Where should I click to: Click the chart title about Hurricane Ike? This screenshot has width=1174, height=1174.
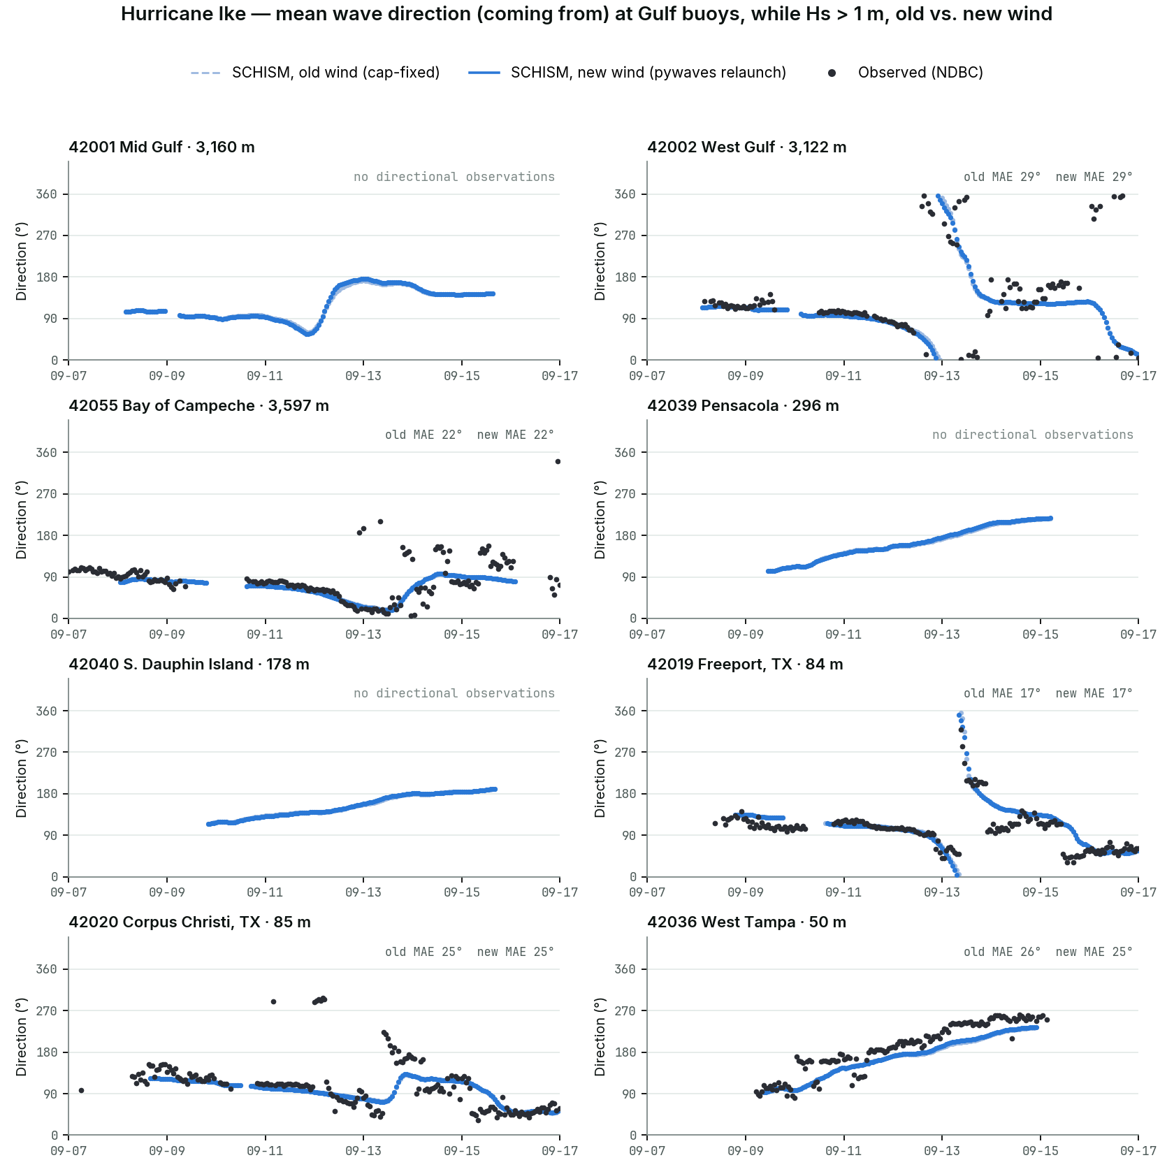(586, 14)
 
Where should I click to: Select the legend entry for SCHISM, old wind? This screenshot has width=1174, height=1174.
(315, 73)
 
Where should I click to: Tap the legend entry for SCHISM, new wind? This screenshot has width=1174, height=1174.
(628, 73)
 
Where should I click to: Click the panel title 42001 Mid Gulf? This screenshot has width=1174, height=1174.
(161, 147)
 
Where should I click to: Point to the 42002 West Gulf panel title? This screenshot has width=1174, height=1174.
(746, 147)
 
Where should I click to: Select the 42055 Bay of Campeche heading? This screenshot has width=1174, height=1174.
(198, 405)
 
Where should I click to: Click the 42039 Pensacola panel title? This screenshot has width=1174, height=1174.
(743, 405)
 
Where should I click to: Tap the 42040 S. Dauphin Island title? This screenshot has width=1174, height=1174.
(189, 664)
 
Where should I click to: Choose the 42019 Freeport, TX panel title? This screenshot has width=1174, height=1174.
(745, 664)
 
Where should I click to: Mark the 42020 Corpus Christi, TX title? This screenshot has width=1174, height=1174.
(189, 922)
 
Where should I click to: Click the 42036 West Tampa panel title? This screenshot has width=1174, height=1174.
(746, 922)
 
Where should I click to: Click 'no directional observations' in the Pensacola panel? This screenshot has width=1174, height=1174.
(1033, 435)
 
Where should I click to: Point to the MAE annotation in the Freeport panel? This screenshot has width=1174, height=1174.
(1048, 693)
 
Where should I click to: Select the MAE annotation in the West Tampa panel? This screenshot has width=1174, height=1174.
(1048, 952)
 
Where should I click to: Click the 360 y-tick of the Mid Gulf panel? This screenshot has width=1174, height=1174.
(47, 194)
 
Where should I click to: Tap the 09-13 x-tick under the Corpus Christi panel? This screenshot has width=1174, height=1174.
(363, 1150)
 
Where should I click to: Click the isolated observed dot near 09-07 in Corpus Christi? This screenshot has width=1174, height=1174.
(81, 1090)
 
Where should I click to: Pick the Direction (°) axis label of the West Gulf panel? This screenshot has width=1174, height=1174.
(600, 261)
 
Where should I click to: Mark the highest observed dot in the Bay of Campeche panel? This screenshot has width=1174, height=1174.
(558, 461)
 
